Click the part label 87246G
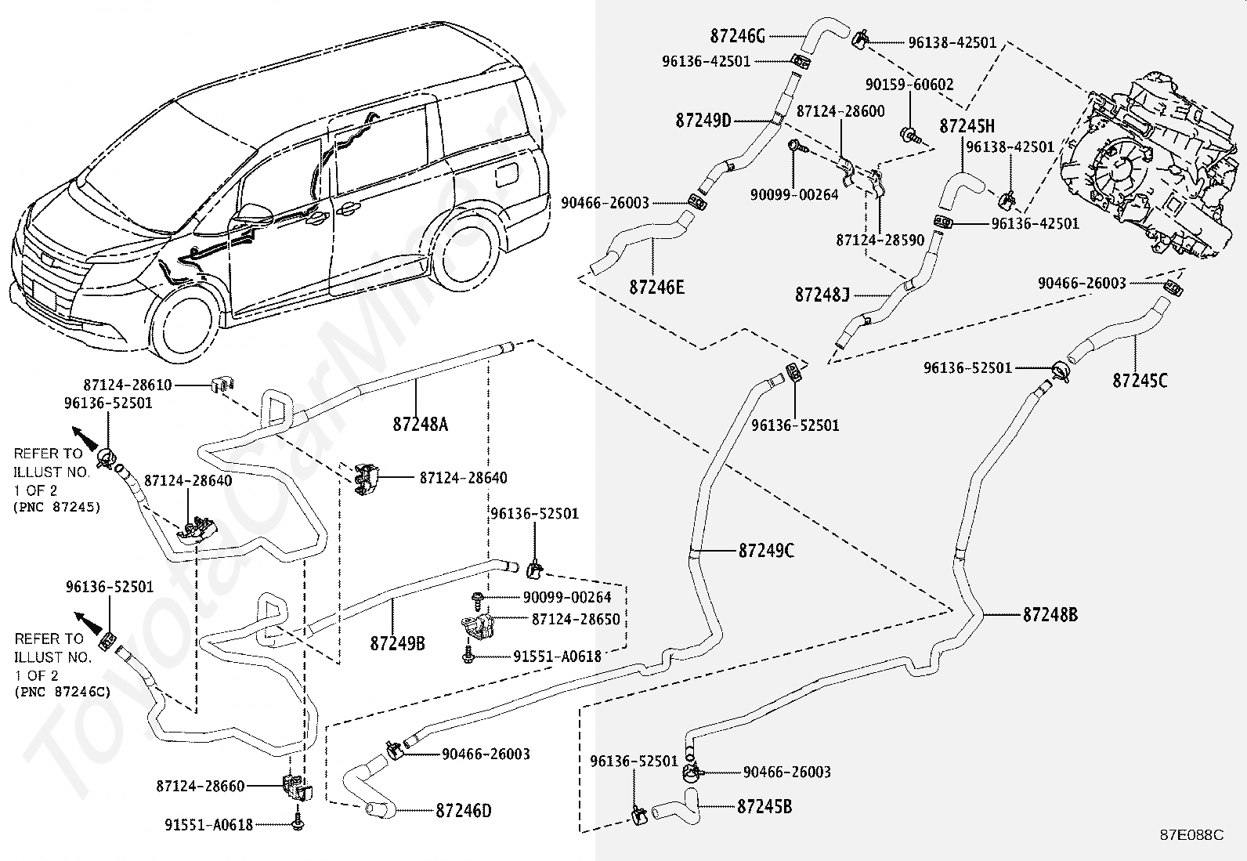[737, 35]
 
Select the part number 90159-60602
[909, 84]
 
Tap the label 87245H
[967, 126]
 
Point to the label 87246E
[656, 288]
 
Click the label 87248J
[822, 295]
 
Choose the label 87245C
[1140, 381]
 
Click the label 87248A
[421, 425]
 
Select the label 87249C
[766, 551]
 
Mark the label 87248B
[1050, 615]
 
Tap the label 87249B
[397, 643]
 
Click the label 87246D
[464, 811]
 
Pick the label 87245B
[764, 806]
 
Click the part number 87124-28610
[128, 385]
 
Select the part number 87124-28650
[576, 619]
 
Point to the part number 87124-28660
[201, 785]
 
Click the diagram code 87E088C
[1191, 835]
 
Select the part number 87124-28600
[840, 111]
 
